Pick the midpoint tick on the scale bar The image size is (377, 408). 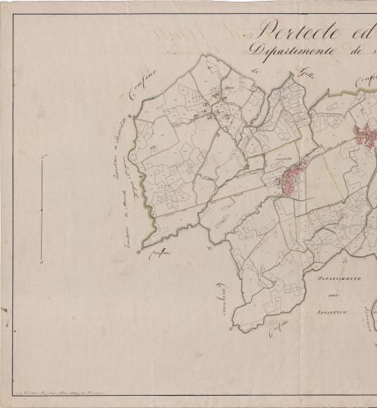pyautogui.click(x=42, y=210)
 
